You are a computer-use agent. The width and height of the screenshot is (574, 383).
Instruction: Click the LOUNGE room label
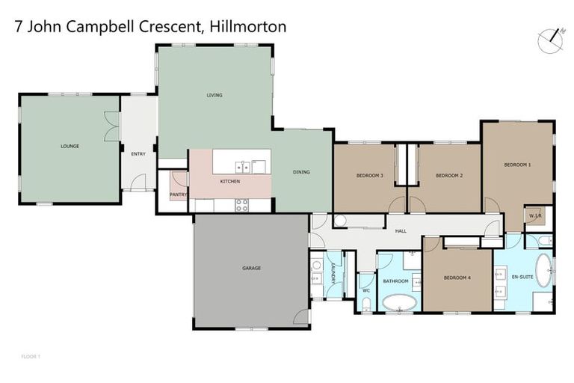[x=70, y=146]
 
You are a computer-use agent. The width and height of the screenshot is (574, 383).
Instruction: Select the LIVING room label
[x=215, y=95]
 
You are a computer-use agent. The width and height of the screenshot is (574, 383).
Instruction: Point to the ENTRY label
[x=138, y=154]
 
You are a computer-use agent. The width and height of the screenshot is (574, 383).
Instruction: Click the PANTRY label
[x=179, y=194]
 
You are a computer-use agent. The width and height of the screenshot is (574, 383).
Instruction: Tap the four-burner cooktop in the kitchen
[x=241, y=204]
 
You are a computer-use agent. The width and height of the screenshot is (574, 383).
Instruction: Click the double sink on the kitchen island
[x=244, y=166]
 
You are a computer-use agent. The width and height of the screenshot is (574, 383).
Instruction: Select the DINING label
[x=300, y=172]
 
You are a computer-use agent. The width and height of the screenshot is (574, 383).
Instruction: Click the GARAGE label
[x=251, y=268]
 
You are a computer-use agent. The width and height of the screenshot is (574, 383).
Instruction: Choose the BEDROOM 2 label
[x=449, y=175]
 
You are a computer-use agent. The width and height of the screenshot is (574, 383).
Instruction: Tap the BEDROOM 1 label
[x=517, y=165]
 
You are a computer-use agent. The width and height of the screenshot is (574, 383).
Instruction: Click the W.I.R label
[x=534, y=216]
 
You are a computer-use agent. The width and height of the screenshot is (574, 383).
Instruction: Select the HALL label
[x=401, y=231]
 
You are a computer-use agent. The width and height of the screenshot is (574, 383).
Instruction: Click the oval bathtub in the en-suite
[x=544, y=270]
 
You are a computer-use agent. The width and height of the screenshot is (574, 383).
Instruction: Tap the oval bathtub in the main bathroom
[x=399, y=303]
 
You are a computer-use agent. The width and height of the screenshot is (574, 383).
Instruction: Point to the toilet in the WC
[x=365, y=303]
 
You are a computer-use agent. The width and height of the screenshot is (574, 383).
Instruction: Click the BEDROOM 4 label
[x=457, y=278]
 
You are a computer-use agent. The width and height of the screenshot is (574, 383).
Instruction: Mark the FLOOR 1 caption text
[x=30, y=357]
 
